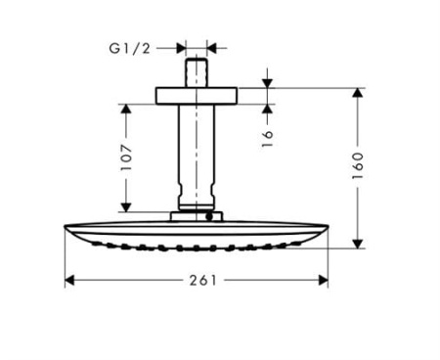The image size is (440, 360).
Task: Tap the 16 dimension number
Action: click(x=267, y=136)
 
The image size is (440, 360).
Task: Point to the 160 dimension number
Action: click(x=358, y=164)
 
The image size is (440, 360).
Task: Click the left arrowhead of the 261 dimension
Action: click(x=69, y=280)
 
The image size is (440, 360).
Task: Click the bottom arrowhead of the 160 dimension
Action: click(x=358, y=239)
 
